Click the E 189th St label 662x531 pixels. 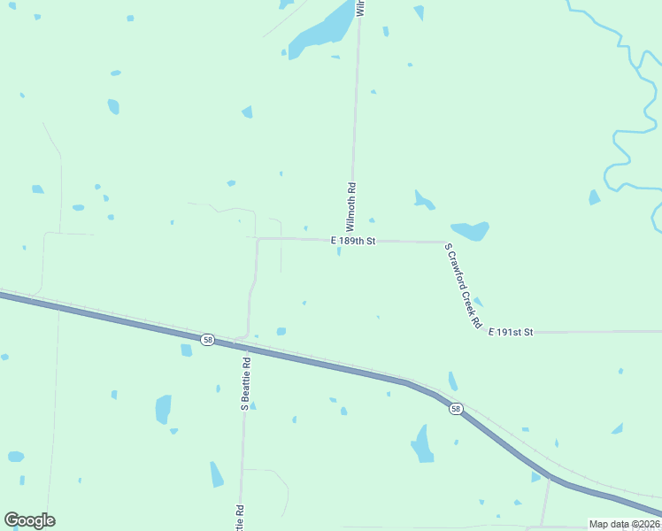click(353, 241)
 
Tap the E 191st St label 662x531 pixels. click(512, 332)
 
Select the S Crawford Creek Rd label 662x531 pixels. click(461, 287)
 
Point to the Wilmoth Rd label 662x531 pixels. click(351, 207)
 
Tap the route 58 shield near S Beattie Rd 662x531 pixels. click(207, 340)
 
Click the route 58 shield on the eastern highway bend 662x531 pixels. click(455, 408)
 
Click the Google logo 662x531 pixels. click(29, 520)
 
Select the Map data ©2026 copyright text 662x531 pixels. click(624, 524)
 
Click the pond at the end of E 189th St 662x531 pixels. click(470, 230)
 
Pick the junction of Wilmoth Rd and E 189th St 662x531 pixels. click(351, 239)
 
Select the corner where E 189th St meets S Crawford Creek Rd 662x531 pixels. click(442, 242)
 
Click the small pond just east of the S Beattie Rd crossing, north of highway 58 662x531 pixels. click(281, 332)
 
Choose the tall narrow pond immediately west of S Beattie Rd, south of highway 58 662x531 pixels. click(163, 408)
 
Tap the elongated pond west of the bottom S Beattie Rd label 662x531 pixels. click(216, 474)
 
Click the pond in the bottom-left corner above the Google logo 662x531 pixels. click(16, 457)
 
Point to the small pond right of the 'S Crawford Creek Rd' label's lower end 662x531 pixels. click(478, 303)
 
